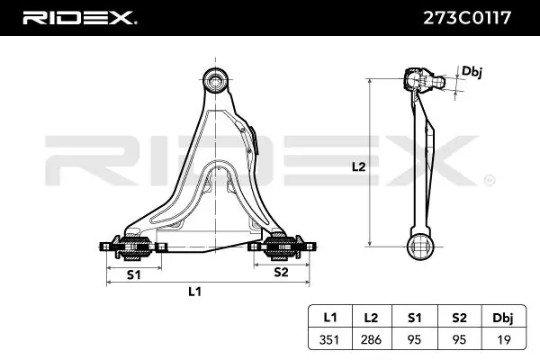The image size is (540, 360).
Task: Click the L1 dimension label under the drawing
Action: (193, 291)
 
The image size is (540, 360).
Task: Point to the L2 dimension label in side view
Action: (357, 166)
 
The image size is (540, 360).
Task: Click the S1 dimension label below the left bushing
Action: (133, 273)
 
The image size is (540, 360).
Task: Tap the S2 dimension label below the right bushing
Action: (281, 271)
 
